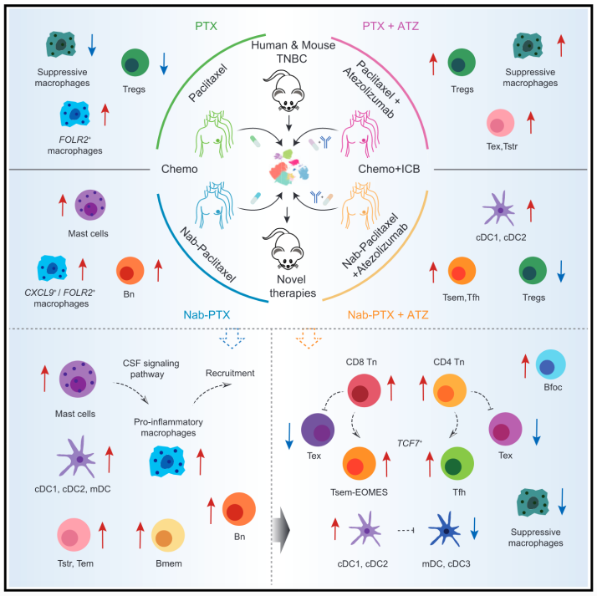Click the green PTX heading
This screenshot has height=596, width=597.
(x=206, y=26)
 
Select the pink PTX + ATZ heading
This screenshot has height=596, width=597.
(x=390, y=26)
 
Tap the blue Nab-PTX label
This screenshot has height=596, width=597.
(x=207, y=315)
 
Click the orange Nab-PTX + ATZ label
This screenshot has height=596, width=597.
(x=388, y=315)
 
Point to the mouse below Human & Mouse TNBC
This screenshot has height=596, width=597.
(x=287, y=90)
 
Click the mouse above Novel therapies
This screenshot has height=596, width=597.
(x=286, y=248)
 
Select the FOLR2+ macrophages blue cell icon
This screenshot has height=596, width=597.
(x=75, y=115)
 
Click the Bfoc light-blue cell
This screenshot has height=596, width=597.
(x=550, y=364)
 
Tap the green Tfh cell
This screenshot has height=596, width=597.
(x=457, y=464)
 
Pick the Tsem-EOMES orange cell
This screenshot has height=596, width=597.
(x=359, y=464)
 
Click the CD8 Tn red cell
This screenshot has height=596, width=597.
(x=364, y=390)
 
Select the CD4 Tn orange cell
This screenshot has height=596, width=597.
(x=450, y=390)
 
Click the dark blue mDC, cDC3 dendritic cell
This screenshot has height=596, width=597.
(x=445, y=530)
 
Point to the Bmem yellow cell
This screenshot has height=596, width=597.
(x=168, y=536)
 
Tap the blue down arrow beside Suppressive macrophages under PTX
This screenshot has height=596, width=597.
(x=92, y=45)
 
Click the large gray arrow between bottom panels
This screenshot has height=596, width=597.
(x=285, y=530)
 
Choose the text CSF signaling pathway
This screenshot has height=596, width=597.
(x=151, y=369)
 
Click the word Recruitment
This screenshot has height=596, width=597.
(x=230, y=373)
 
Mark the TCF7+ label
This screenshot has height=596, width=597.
(x=410, y=443)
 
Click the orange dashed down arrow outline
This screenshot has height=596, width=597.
(x=309, y=338)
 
